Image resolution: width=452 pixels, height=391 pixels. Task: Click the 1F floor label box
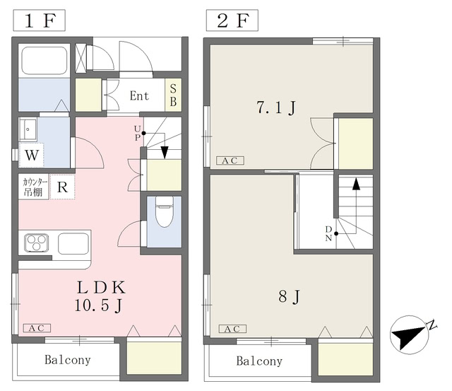click(38, 19)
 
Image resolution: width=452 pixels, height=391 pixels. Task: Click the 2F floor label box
click(231, 19)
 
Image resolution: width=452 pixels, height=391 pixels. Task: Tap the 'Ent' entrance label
click(138, 95)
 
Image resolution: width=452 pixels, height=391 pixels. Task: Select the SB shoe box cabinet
click(173, 95)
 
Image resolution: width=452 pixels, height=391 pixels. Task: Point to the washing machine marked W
click(32, 154)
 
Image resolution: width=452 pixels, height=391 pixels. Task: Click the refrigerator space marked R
click(62, 187)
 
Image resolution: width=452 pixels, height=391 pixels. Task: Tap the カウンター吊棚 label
click(34, 187)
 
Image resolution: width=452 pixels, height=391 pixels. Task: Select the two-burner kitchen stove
click(36, 243)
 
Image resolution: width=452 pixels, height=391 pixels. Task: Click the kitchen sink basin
click(73, 243)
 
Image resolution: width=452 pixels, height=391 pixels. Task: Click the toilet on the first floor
click(163, 214)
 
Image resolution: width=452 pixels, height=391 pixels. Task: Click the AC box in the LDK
click(37, 328)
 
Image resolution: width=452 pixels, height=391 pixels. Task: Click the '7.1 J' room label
click(275, 108)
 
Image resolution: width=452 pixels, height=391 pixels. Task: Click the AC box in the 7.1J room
click(230, 161)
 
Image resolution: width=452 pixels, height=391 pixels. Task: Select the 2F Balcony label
click(258, 361)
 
